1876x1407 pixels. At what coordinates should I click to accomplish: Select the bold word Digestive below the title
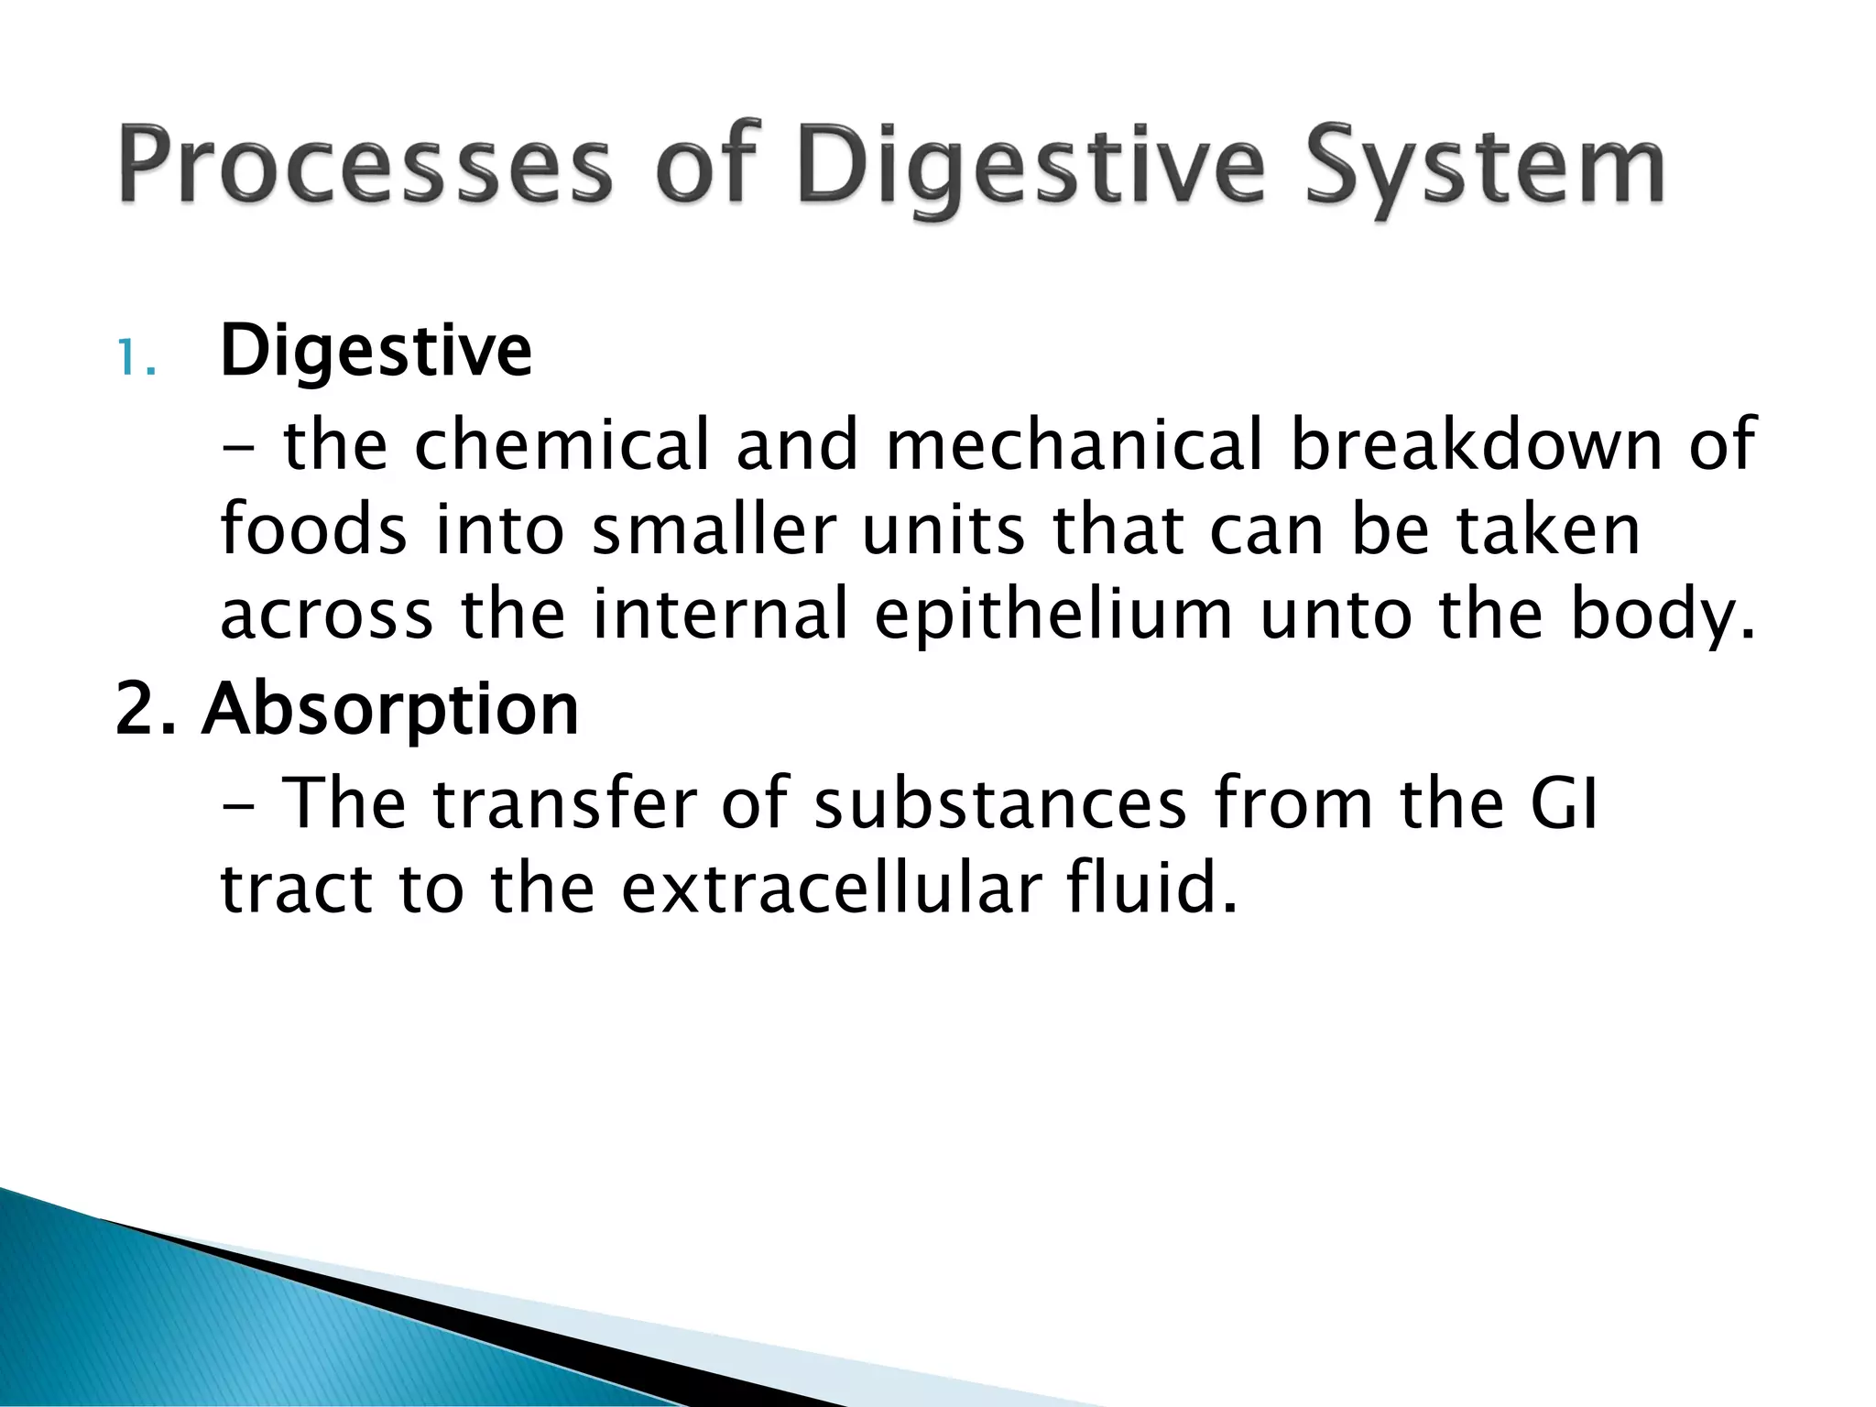click(x=376, y=352)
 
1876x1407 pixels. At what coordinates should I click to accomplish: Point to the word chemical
click(x=562, y=446)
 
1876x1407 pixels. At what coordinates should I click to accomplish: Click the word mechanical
click(x=1074, y=446)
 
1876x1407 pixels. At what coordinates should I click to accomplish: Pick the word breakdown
click(x=1475, y=446)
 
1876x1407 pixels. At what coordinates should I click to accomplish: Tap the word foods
click(x=313, y=530)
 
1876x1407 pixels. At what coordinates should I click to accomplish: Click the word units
click(x=943, y=530)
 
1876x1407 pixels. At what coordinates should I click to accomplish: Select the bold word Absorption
click(x=390, y=711)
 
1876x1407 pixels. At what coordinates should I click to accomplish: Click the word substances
click(x=999, y=804)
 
